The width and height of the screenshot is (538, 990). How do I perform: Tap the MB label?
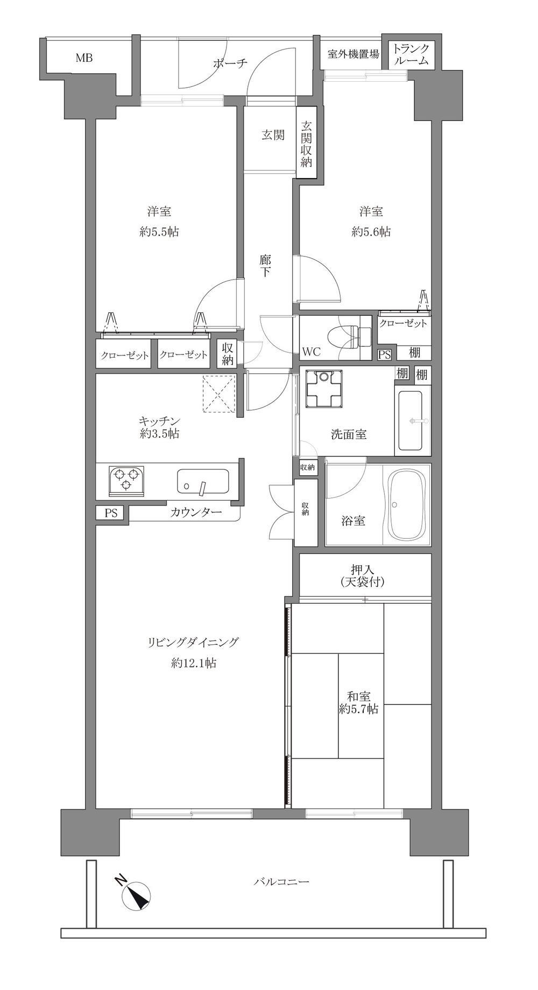(83, 58)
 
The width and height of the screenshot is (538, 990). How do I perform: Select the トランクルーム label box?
(412, 53)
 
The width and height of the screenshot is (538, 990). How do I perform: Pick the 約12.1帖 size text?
(194, 664)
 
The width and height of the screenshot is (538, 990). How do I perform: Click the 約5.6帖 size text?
(371, 232)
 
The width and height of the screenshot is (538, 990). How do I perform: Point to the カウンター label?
(196, 512)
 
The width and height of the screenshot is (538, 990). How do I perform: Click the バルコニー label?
(281, 881)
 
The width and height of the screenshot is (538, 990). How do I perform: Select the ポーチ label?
(230, 63)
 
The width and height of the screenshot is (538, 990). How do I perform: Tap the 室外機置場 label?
(353, 54)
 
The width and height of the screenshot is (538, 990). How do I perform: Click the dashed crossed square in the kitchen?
(220, 394)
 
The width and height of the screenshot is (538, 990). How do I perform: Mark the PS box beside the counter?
(111, 513)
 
